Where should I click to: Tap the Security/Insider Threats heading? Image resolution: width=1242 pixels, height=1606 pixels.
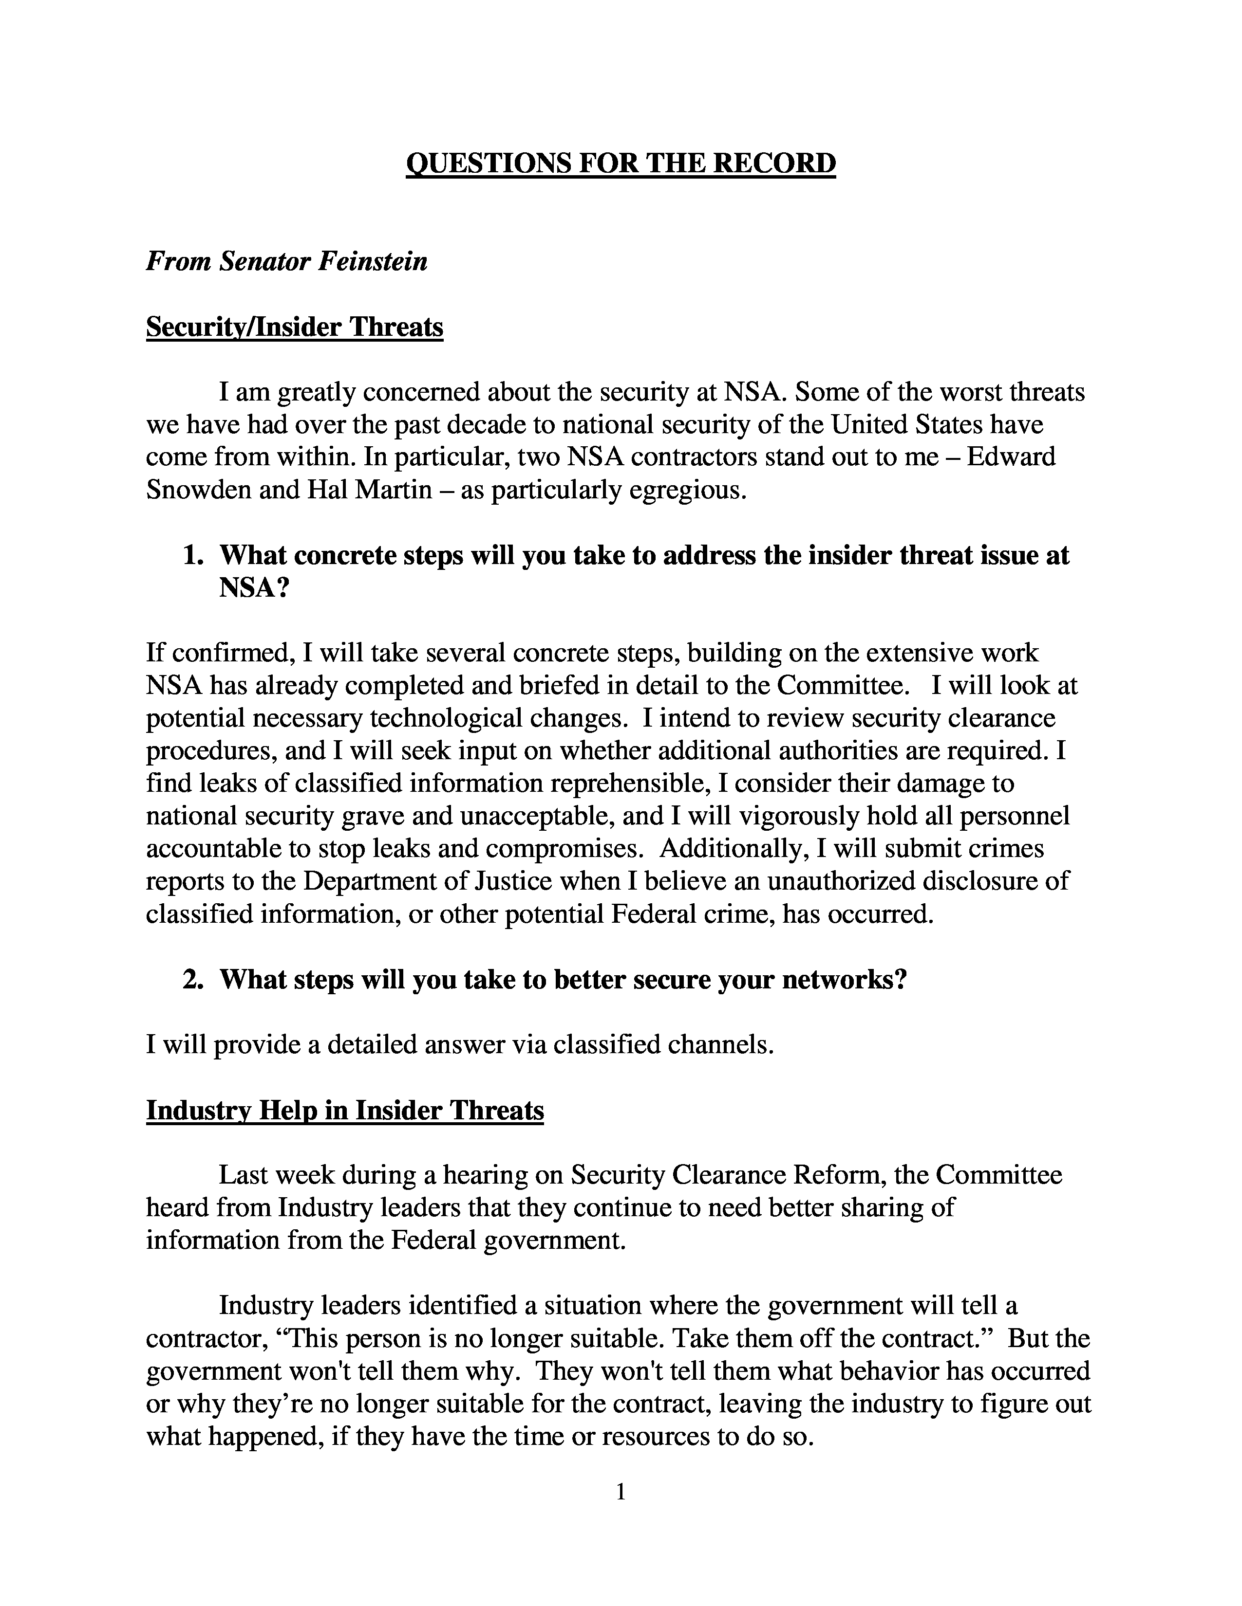294,327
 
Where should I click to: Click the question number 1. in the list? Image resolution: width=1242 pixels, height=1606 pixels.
193,555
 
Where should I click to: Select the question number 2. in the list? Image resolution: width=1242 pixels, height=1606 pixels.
193,980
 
